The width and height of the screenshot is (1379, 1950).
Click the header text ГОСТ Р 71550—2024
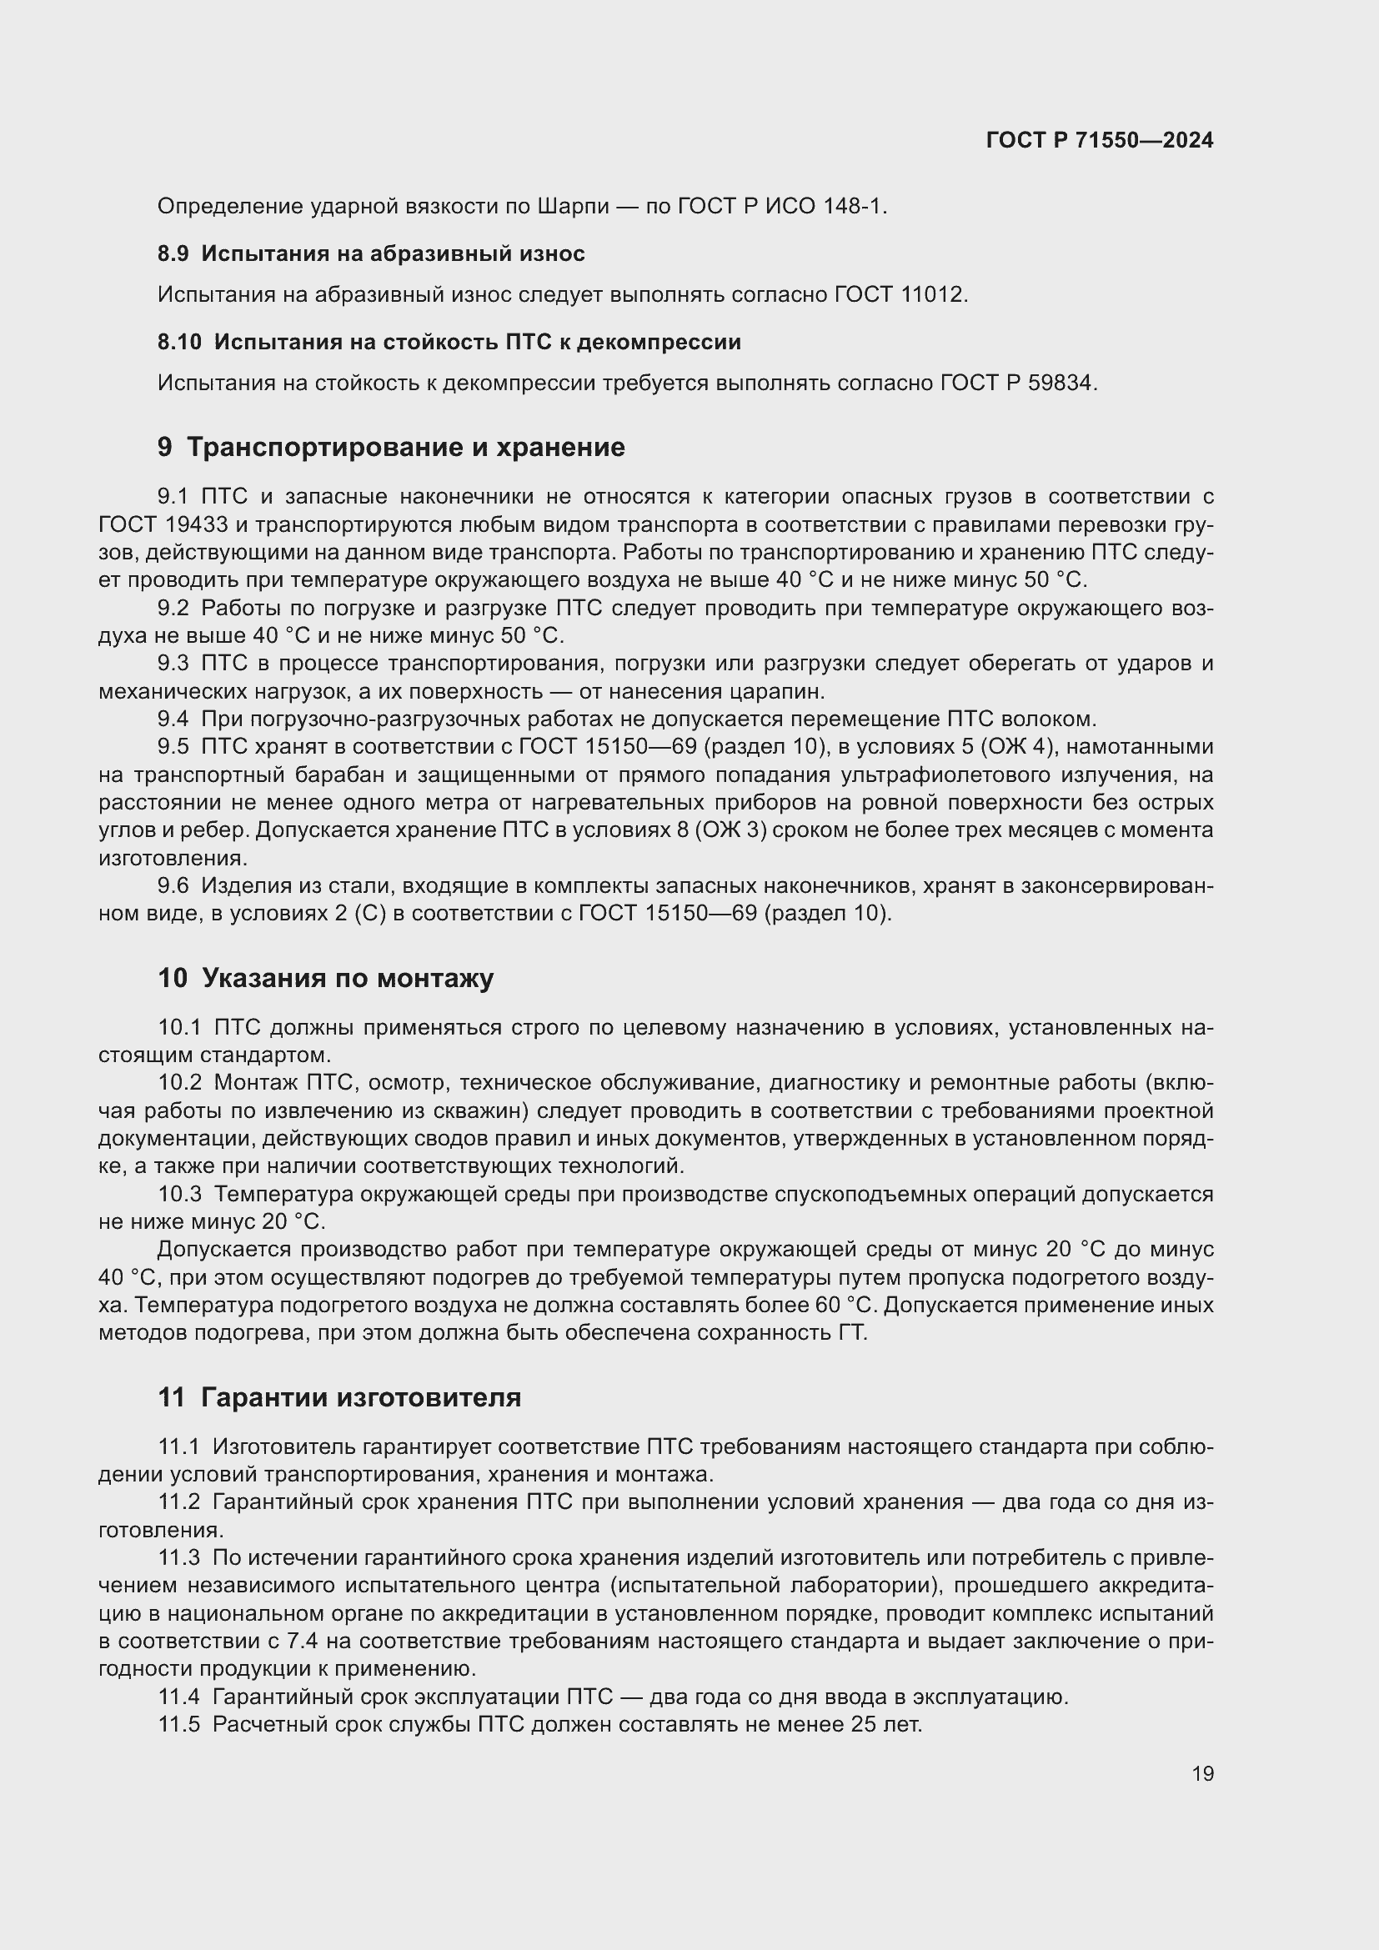pyautogui.click(x=1099, y=140)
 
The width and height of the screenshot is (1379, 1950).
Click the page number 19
pyautogui.click(x=1202, y=1773)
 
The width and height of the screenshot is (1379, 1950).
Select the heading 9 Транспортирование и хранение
pyautogui.click(x=390, y=447)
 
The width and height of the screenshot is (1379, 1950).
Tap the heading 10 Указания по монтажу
pyautogui.click(x=325, y=978)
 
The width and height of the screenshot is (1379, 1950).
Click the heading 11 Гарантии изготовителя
pyautogui.click(x=338, y=1397)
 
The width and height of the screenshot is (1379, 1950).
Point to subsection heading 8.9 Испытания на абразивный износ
pyautogui.click(x=371, y=254)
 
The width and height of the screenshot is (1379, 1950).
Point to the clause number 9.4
pyautogui.click(x=173, y=719)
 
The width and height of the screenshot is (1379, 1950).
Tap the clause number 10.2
pyautogui.click(x=180, y=1082)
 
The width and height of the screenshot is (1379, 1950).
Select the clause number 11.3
pyautogui.click(x=178, y=1557)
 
